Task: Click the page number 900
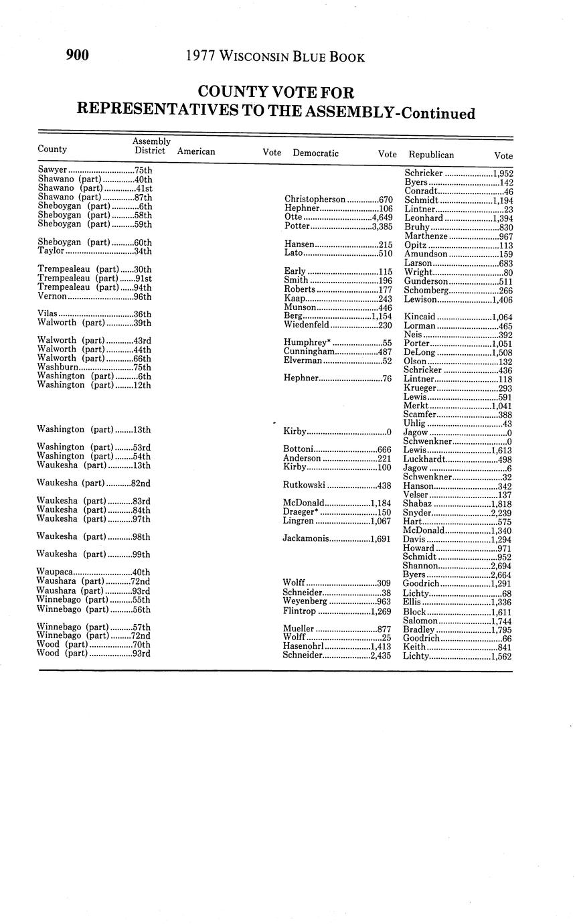(x=78, y=56)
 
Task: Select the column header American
(x=196, y=152)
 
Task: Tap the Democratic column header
(x=315, y=153)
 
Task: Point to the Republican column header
(x=431, y=155)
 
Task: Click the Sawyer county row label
(x=53, y=171)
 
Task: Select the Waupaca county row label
(x=54, y=572)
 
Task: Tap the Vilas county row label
(x=48, y=313)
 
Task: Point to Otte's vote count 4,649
(x=382, y=217)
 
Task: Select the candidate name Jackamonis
(x=307, y=538)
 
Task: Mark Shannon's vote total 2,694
(x=501, y=566)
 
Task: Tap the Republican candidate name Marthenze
(x=426, y=236)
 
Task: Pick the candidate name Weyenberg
(x=305, y=602)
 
